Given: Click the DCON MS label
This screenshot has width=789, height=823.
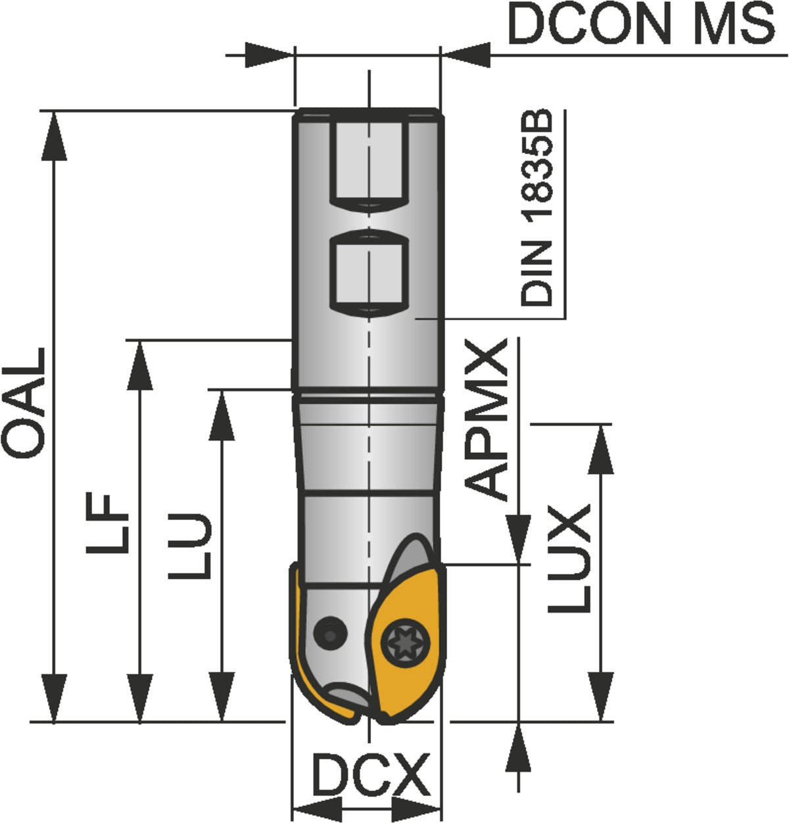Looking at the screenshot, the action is (641, 23).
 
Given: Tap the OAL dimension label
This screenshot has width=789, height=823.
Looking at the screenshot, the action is (24, 402).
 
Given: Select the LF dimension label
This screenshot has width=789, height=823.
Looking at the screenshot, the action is (107, 523).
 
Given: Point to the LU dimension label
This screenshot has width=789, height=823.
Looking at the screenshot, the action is (189, 546).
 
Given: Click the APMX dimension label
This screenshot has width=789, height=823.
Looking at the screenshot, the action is (485, 419).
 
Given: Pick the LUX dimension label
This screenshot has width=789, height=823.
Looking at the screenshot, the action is (569, 558).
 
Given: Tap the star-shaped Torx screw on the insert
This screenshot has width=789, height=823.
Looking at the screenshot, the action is (405, 644).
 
